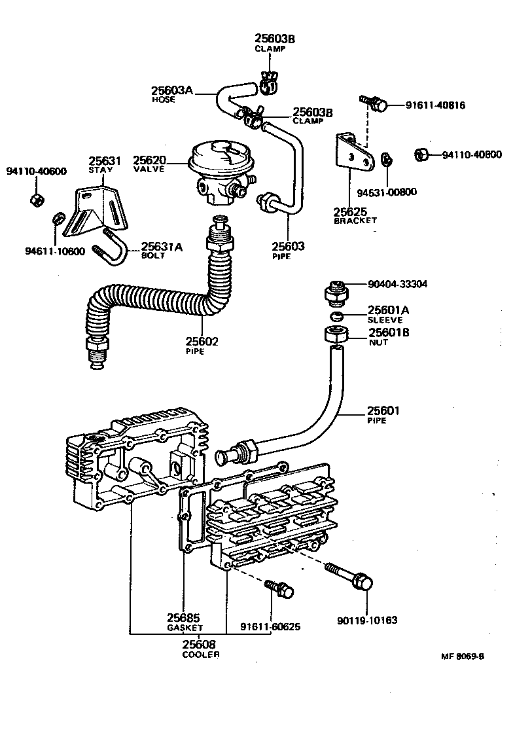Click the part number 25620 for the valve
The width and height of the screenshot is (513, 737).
(149, 160)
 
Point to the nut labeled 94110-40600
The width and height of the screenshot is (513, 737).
(37, 198)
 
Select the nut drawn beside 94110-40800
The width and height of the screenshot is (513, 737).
(422, 155)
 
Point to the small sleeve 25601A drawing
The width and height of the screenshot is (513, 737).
(337, 317)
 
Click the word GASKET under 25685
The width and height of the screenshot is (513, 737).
(184, 628)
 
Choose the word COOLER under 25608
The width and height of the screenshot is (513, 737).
(200, 654)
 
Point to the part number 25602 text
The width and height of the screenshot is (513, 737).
(202, 341)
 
